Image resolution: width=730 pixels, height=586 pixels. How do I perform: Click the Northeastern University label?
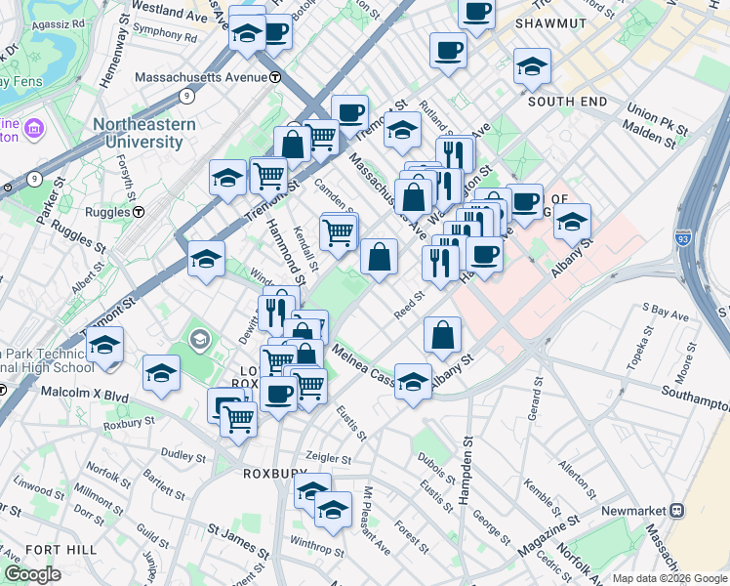(144, 133)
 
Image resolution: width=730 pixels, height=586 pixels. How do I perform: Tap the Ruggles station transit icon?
(140, 211)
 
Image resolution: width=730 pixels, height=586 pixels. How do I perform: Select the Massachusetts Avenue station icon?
(276, 77)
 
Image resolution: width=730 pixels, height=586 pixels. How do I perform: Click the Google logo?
(32, 574)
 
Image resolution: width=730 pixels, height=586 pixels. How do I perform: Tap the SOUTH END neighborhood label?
(567, 102)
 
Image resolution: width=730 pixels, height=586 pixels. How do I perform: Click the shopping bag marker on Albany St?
(443, 335)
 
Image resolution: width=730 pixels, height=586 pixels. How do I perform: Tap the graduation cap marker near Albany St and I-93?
(572, 221)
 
